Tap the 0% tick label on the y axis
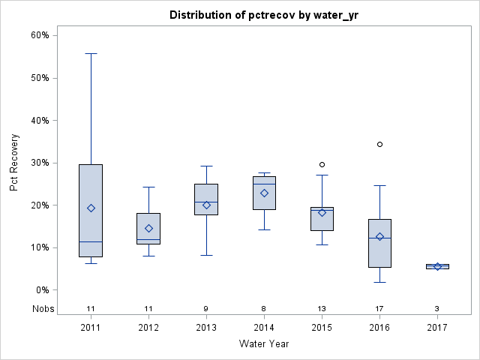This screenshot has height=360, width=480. tap(42, 290)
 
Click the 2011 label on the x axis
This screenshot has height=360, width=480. tap(91, 327)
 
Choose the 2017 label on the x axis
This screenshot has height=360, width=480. tap(437, 327)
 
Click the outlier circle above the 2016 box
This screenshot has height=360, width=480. tap(379, 144)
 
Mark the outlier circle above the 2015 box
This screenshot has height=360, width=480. tap(322, 164)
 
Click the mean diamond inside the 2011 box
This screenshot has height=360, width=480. tap(91, 208)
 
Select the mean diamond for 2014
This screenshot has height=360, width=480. tap(264, 193)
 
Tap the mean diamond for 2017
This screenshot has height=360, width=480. tap(437, 266)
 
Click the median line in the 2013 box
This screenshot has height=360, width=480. tap(206, 202)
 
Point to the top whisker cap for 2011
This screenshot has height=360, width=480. tap(91, 53)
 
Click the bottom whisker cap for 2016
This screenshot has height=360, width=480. tap(379, 282)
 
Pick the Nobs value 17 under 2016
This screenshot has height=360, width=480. tap(379, 308)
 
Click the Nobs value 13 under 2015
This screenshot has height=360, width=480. tap(322, 308)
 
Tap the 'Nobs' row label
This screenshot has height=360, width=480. tap(43, 308)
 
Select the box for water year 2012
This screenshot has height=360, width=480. tap(148, 229)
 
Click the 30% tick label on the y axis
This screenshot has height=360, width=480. tap(40, 163)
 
